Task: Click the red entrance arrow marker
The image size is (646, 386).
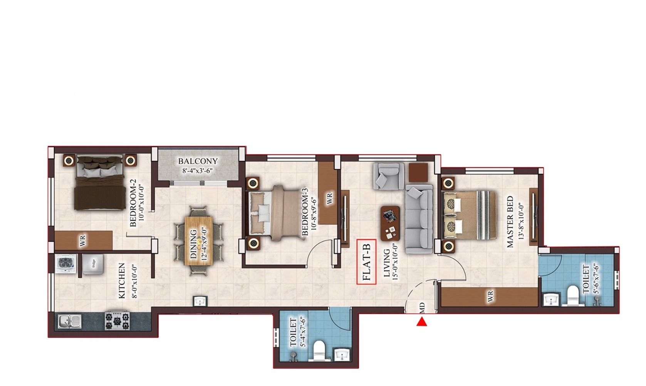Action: [422, 322]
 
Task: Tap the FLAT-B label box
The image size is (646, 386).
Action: [366, 262]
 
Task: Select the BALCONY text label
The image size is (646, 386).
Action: [198, 161]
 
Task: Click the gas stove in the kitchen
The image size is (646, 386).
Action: [117, 321]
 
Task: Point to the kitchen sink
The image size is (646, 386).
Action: [69, 321]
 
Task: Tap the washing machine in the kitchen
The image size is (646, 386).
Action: [66, 263]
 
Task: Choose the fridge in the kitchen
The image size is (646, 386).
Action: [93, 264]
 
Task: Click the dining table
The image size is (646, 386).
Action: [199, 241]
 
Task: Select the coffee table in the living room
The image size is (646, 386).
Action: [390, 223]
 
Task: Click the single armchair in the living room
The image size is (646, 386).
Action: [388, 176]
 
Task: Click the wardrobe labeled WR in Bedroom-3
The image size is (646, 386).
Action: [327, 193]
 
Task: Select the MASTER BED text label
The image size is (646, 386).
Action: [510, 222]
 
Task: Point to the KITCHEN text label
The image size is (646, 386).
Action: [122, 280]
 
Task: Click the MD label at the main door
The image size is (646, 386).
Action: [422, 307]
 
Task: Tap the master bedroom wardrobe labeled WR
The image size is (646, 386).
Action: [489, 297]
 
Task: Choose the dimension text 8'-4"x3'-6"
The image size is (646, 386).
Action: [198, 171]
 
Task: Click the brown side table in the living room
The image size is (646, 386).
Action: [418, 172]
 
